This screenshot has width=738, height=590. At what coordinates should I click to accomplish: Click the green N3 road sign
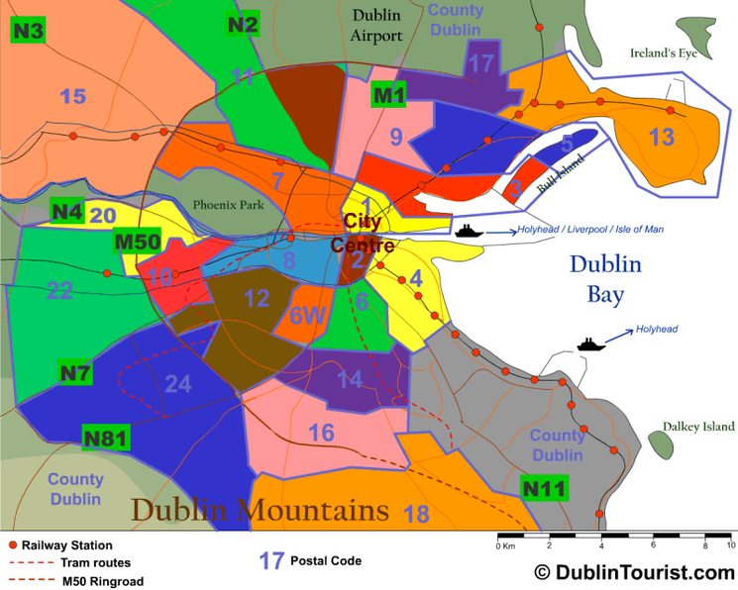coord(28,30)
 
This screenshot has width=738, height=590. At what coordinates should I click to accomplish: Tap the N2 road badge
coord(243,25)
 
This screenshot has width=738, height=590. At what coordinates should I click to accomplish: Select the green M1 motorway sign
coord(388,96)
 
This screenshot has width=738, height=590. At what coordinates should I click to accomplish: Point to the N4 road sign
coord(66,211)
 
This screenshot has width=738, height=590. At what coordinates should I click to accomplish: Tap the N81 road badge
coord(104,438)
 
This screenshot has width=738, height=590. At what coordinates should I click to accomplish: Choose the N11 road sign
coord(544,488)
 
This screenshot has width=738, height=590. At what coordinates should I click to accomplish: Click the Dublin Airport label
coord(377,26)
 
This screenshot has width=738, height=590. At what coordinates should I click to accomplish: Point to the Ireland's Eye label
coord(664,52)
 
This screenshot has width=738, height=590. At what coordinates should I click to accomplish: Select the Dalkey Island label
coord(699,427)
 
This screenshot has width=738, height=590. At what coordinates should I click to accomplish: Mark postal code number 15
coord(72,96)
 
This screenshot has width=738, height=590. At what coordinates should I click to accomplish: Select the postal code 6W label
coord(307,315)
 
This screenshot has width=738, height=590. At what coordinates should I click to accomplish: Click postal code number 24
coord(177,383)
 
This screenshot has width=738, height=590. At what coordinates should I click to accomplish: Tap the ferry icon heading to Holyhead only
coord(590,344)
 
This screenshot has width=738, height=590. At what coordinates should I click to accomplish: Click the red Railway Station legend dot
coord(12,545)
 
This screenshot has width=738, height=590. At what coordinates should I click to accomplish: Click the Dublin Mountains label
coord(261,510)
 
